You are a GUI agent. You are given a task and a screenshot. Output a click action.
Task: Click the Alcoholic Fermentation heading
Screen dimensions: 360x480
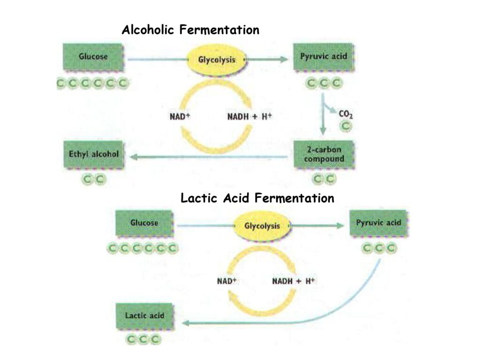coord(190,30)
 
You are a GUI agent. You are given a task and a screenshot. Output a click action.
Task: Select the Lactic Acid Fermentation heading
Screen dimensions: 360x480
coord(257,198)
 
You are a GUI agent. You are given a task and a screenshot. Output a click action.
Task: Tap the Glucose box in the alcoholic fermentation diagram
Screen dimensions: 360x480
coord(93,57)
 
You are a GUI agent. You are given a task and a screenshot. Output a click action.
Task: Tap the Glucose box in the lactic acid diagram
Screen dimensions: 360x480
coord(144,223)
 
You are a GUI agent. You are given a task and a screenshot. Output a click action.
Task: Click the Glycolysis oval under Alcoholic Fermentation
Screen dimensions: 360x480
coord(217,60)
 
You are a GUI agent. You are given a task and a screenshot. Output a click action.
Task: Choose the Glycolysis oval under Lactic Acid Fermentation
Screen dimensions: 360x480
coord(262,226)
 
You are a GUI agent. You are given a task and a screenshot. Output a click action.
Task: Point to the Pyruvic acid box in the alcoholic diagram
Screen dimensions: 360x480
coord(323,57)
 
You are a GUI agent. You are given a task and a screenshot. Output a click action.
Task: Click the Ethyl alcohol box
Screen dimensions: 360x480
coord(93,154)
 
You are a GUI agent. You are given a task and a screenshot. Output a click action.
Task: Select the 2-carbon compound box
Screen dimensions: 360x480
coord(323,154)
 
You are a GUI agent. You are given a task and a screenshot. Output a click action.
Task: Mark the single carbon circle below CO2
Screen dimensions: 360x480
coord(345,126)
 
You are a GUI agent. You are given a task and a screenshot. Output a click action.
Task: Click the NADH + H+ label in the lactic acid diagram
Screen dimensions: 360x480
coord(293,281)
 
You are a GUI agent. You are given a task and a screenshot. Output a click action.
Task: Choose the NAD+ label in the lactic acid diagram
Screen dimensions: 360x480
coord(227,281)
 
